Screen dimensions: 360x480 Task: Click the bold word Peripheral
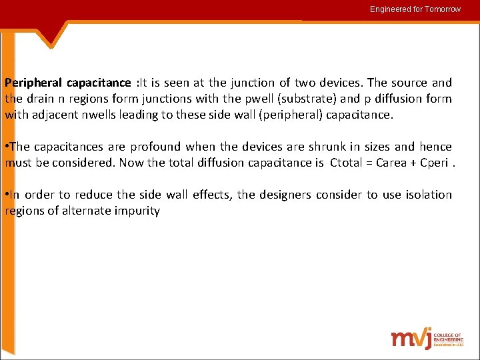click(33, 83)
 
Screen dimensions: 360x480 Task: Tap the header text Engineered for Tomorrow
click(415, 9)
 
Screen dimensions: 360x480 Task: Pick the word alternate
click(86, 211)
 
